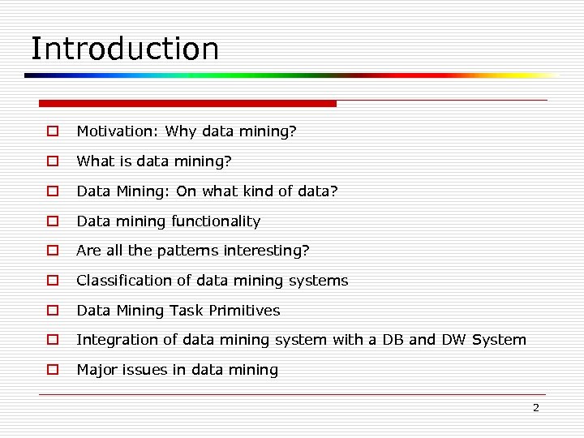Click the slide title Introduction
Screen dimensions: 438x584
coord(124,49)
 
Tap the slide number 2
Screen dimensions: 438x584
coord(535,408)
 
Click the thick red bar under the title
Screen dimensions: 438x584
coord(187,104)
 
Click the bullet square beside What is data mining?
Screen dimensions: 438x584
coord(51,161)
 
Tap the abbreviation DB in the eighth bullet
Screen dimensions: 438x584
coord(393,340)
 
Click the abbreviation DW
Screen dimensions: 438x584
coord(454,340)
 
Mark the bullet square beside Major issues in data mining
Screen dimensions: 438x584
coord(51,370)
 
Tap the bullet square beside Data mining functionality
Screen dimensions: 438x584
coord(51,221)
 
